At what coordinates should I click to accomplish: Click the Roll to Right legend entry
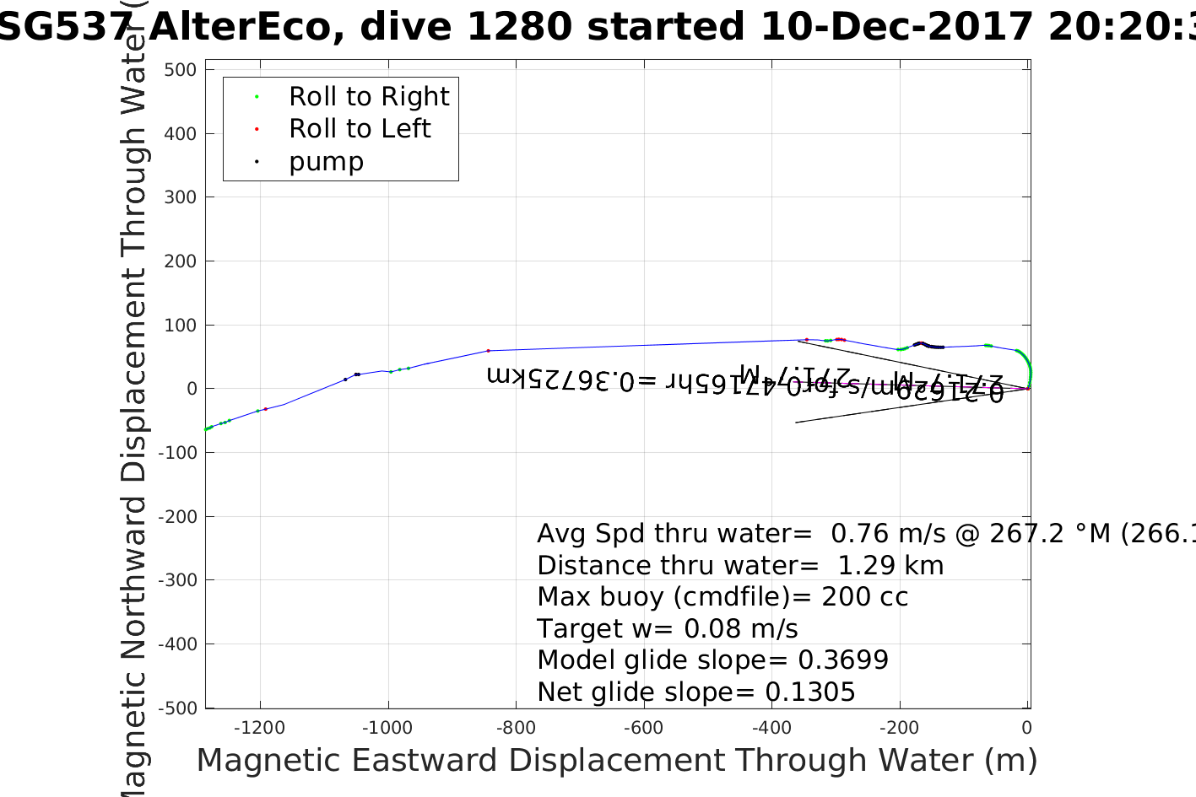pos(369,97)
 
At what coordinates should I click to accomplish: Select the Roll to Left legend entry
pos(360,129)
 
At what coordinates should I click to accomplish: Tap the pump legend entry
pos(326,162)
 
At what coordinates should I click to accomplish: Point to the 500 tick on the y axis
pos(181,70)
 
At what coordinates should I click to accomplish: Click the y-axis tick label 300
pos(181,197)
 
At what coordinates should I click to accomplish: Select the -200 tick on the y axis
pos(177,517)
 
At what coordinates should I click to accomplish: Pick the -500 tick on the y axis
pos(177,708)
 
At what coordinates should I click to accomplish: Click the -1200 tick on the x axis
pos(259,728)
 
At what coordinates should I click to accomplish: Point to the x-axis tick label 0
pos(1026,728)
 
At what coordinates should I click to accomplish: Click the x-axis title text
pos(616,761)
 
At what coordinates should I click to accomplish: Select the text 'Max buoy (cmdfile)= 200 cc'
pos(722,597)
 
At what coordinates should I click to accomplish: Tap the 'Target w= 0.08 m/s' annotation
pos(667,629)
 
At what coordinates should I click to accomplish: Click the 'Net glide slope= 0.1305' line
pos(696,692)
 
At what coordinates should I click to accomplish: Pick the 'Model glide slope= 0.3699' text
pos(712,660)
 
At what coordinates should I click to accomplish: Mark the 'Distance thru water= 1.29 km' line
pos(740,566)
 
